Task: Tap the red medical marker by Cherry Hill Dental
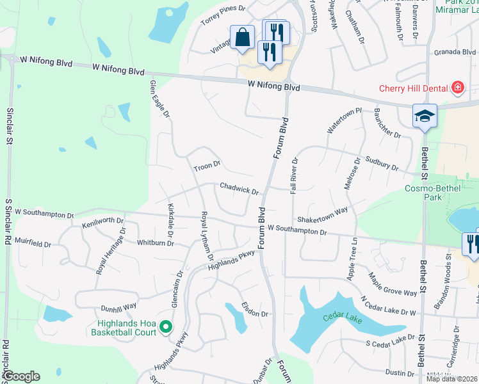pyautogui.click(x=458, y=88)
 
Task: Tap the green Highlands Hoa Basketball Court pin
pyautogui.click(x=165, y=327)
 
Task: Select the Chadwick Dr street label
pyautogui.click(x=239, y=189)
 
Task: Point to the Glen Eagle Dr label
pyautogui.click(x=159, y=99)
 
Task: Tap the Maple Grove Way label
pyautogui.click(x=393, y=284)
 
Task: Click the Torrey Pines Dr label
pyautogui.click(x=223, y=15)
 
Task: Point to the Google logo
pyautogui.click(x=21, y=376)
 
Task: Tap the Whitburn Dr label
pyautogui.click(x=156, y=243)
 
